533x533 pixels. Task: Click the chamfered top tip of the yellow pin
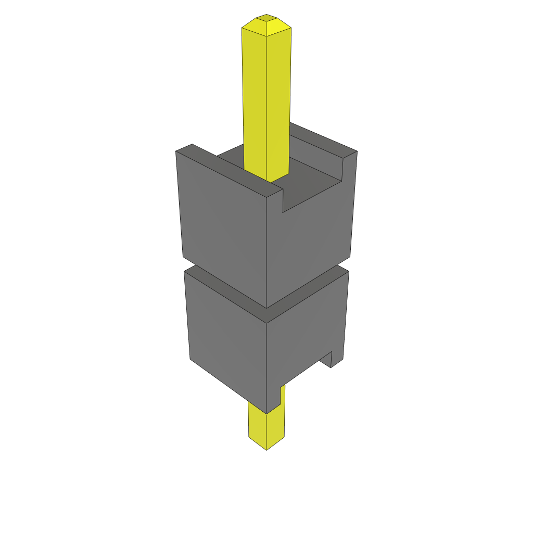click(x=266, y=21)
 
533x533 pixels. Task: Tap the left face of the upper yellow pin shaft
click(x=255, y=99)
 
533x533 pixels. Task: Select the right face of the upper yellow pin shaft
click(x=278, y=99)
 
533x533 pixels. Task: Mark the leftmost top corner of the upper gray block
click(x=176, y=151)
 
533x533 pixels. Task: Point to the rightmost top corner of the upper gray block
click(x=357, y=151)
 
